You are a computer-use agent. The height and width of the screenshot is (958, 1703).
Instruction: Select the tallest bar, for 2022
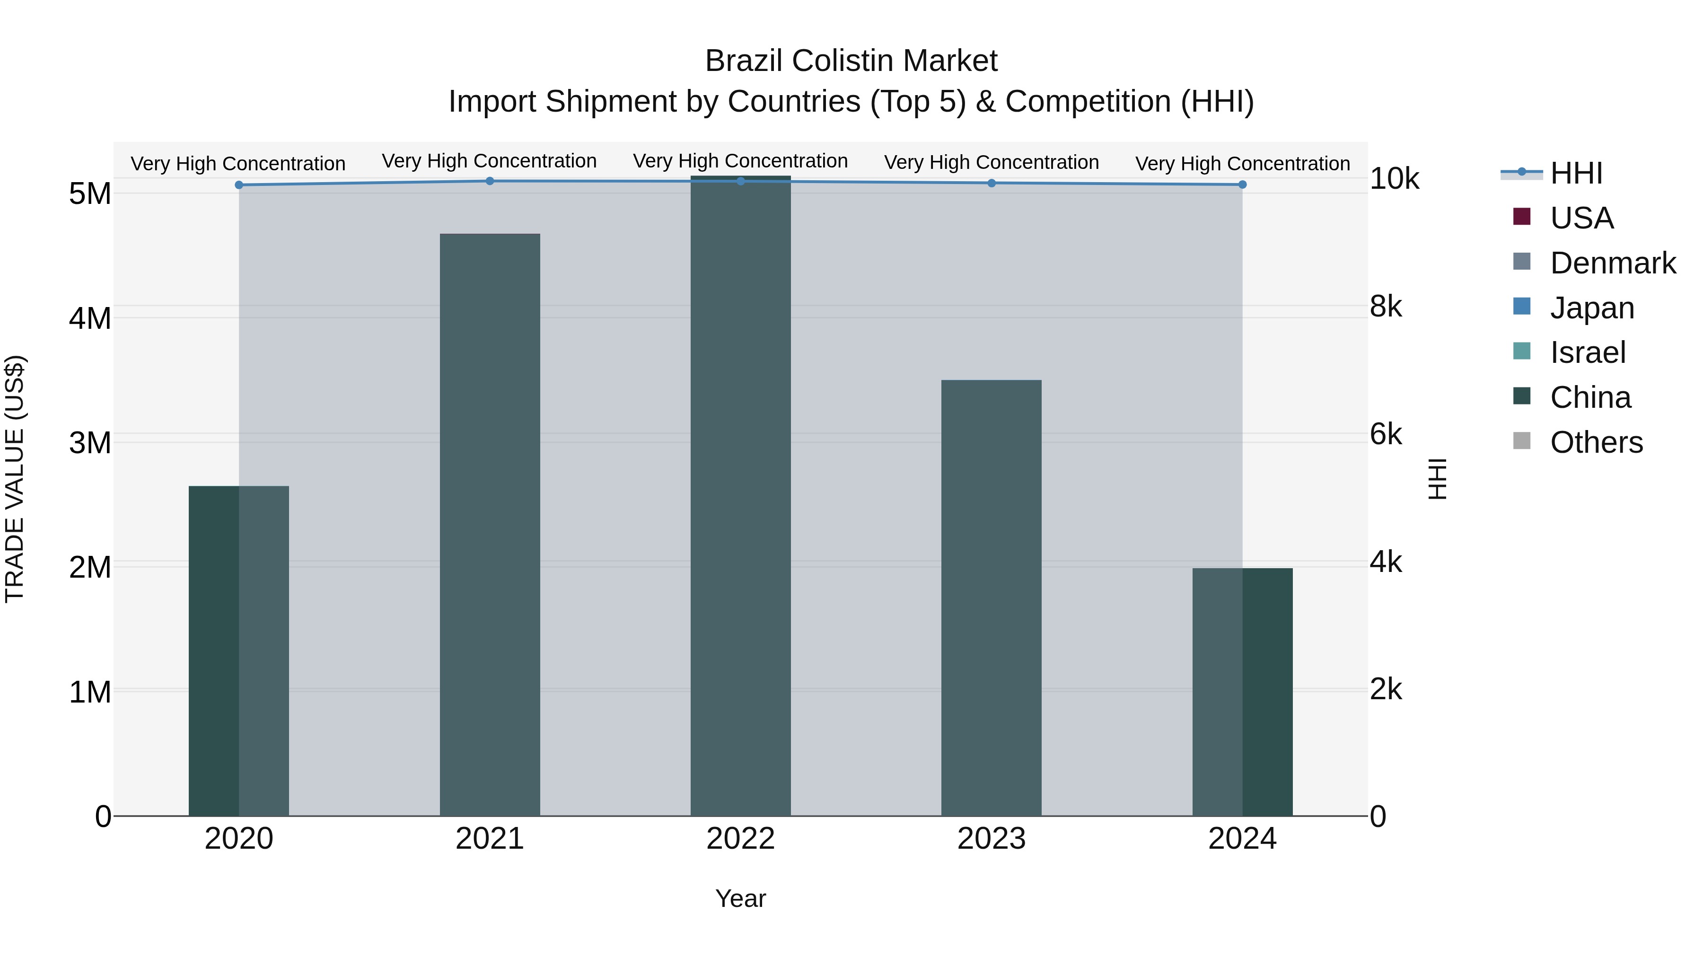(740, 496)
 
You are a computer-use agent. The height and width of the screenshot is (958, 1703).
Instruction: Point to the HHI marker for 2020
(239, 185)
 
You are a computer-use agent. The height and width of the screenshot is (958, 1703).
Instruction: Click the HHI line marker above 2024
(1242, 185)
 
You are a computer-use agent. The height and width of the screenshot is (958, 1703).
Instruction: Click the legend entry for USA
(1581, 218)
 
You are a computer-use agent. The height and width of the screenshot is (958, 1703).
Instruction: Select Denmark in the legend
(1613, 263)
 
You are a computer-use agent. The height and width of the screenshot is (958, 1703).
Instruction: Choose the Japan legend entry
(1592, 308)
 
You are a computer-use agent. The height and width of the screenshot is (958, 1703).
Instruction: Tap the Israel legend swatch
(1522, 351)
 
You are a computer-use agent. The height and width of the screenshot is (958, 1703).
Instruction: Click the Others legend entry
(1596, 442)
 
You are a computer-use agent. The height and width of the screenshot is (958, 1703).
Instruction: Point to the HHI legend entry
(1576, 173)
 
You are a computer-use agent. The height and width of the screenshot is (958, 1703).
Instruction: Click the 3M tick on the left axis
(90, 443)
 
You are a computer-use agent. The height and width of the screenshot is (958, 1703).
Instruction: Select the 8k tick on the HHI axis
(1386, 307)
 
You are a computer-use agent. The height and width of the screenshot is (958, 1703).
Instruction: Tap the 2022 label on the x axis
(740, 839)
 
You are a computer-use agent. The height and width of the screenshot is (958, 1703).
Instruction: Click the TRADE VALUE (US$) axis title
(15, 479)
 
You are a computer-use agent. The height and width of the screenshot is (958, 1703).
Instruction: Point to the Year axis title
(740, 898)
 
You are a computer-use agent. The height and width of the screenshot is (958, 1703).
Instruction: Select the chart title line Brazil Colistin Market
(851, 61)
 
